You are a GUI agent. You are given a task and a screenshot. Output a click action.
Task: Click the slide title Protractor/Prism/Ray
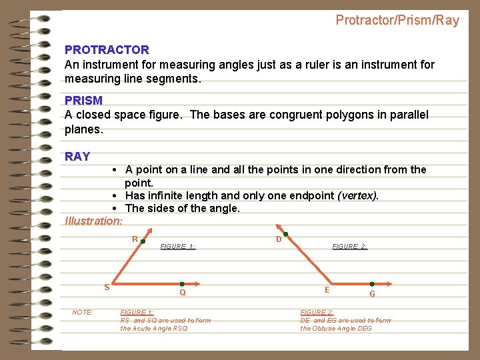click(x=397, y=21)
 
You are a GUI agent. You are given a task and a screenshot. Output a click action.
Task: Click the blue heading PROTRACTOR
click(x=107, y=50)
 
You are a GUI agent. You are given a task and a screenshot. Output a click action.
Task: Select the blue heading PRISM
click(x=83, y=101)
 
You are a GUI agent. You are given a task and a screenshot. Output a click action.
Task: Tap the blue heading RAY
click(x=77, y=157)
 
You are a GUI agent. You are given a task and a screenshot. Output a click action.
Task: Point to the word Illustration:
click(x=94, y=221)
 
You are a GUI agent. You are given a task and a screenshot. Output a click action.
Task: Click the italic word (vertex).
click(x=358, y=195)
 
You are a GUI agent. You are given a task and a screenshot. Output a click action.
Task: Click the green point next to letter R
click(x=143, y=243)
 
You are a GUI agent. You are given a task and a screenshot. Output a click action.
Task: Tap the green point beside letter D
click(x=285, y=235)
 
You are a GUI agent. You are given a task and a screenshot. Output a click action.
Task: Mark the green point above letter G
click(x=372, y=284)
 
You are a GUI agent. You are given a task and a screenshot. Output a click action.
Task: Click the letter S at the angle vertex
click(x=107, y=287)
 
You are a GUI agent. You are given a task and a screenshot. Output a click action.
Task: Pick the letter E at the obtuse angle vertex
click(x=327, y=290)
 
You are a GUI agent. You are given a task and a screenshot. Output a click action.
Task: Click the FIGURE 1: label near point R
click(x=178, y=247)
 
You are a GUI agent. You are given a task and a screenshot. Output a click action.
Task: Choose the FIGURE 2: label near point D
click(x=349, y=247)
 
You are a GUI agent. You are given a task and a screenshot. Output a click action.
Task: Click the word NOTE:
click(x=83, y=313)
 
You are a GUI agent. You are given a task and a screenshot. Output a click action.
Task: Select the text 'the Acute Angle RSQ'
click(x=154, y=329)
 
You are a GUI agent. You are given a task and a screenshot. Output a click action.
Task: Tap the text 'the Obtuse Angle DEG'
click(x=336, y=329)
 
